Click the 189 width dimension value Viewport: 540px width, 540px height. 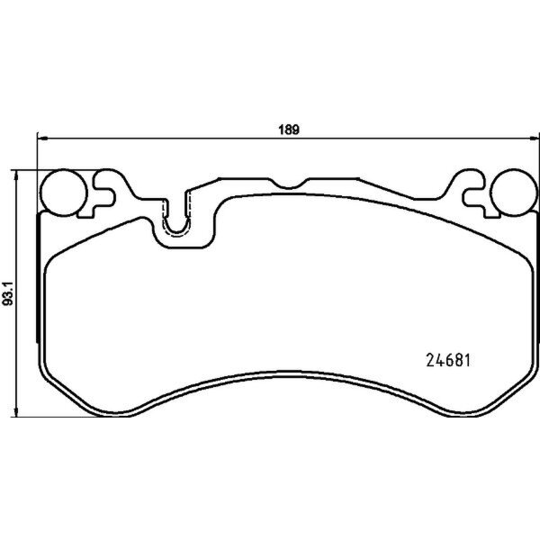pyautogui.click(x=287, y=128)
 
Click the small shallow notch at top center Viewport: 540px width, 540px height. pyautogui.click(x=289, y=184)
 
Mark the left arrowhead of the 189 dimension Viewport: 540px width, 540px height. pyautogui.click(x=40, y=139)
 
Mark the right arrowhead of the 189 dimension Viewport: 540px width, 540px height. pyautogui.click(x=534, y=139)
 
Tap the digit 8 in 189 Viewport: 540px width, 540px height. pyautogui.click(x=287, y=128)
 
